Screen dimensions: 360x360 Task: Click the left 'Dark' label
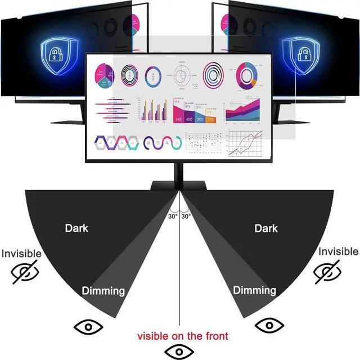pos(76,228)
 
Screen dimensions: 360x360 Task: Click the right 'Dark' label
pos(266,228)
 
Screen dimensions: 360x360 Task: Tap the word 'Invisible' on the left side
pos(21,254)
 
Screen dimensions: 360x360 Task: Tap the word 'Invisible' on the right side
pos(337,251)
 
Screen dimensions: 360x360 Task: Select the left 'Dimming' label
pos(103,291)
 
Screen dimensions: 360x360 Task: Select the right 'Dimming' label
pos(255,291)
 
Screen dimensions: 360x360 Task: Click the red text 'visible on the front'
pos(183,336)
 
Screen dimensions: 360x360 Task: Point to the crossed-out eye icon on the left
pos(26,273)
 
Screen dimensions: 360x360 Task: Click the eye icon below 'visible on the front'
pos(179,352)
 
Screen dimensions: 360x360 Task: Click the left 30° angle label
pos(173,215)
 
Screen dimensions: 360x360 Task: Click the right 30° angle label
pos(186,215)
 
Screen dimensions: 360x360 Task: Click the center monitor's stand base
pos(179,185)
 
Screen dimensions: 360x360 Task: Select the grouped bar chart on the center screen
pos(154,111)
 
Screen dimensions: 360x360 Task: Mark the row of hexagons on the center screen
pos(116,143)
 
